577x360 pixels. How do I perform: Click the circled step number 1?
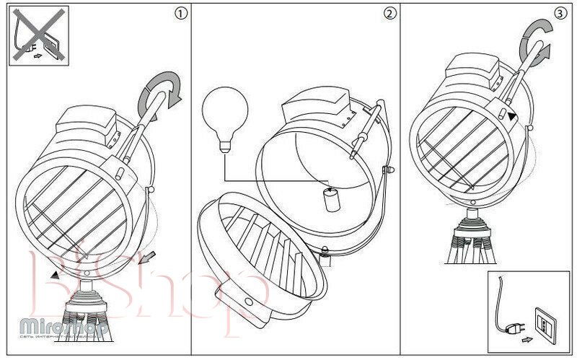pyautogui.click(x=181, y=14)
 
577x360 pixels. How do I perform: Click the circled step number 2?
pyautogui.click(x=390, y=14)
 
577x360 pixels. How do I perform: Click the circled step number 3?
pyautogui.click(x=560, y=14)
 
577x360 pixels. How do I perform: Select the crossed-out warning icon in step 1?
pyautogui.click(x=39, y=35)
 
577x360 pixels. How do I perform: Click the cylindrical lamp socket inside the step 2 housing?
pyautogui.click(x=332, y=200)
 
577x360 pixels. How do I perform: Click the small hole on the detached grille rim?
pyautogui.click(x=248, y=302)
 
